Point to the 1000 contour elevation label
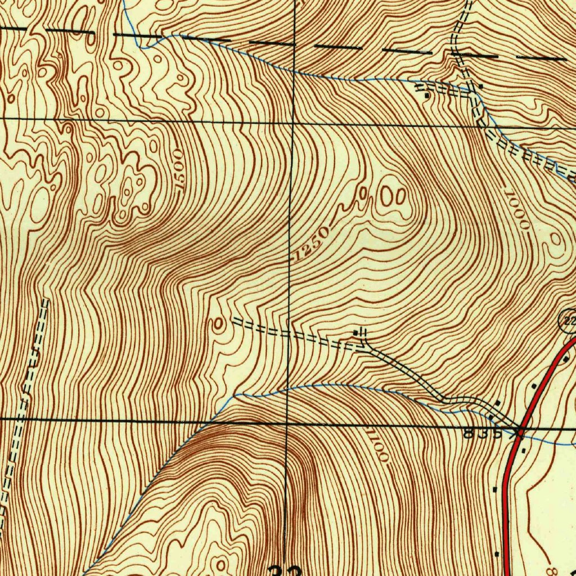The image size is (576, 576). coord(517,210)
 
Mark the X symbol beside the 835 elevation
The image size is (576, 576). coord(519,433)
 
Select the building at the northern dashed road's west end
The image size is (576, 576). coord(427,96)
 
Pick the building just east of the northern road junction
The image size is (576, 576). coord(481,86)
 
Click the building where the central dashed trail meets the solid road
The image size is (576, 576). coord(355,334)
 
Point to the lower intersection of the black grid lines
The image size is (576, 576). coord(287,422)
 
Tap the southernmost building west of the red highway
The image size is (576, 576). coord(497,554)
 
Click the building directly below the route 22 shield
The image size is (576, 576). coord(566,359)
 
